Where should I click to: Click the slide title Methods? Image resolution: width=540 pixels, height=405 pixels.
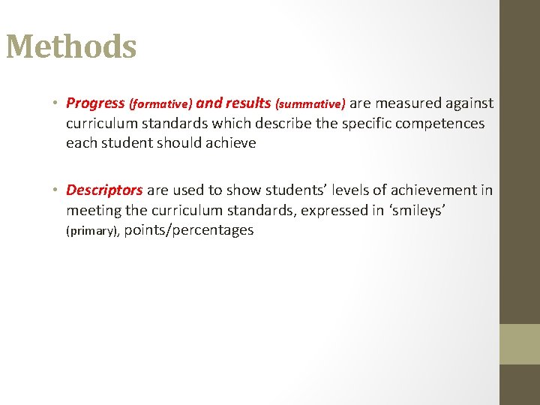(71, 47)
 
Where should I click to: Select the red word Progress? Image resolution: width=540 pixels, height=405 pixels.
(95, 103)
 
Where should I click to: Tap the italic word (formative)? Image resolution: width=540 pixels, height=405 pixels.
(161, 103)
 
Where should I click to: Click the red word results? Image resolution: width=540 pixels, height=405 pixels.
(247, 103)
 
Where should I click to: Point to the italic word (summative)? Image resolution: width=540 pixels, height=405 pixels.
(310, 103)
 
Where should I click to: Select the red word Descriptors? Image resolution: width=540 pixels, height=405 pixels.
(104, 190)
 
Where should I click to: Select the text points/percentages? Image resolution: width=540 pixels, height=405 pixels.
(188, 231)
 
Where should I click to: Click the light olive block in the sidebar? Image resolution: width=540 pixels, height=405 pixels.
(520, 344)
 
